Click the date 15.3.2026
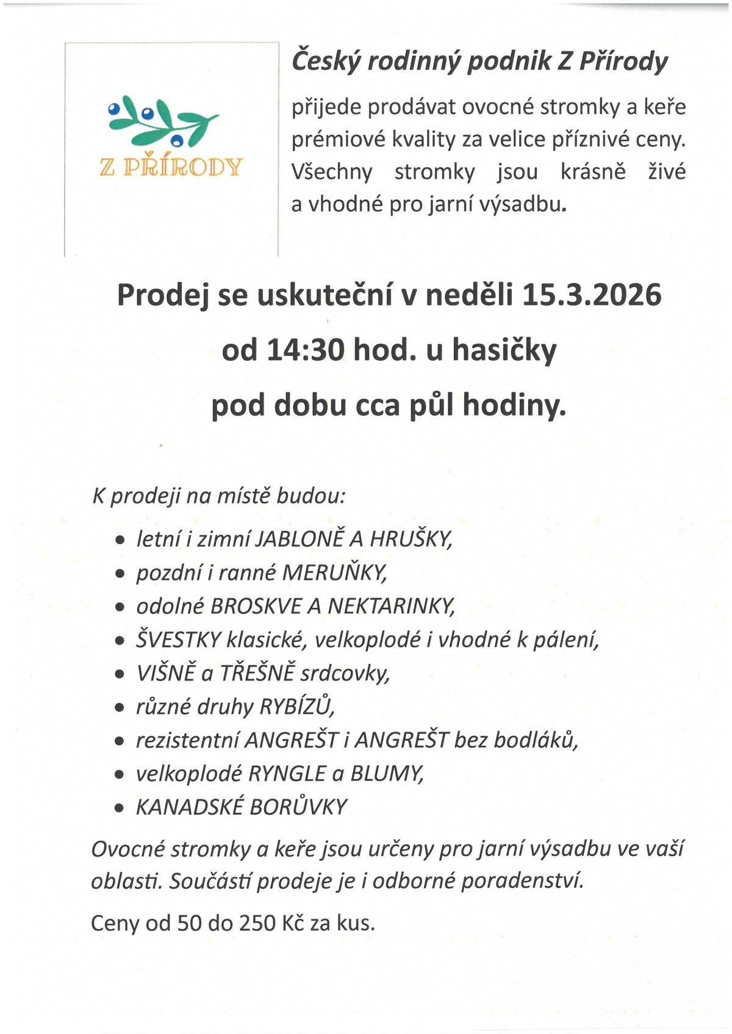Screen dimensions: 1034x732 point(592,295)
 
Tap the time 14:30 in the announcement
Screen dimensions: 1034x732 point(298,351)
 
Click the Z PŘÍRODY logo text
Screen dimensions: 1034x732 point(171,166)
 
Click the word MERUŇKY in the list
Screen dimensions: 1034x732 point(334,572)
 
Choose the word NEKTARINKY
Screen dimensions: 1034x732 point(391,606)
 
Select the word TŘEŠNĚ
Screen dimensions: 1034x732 point(257,673)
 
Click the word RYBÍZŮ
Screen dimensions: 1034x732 point(297,707)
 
